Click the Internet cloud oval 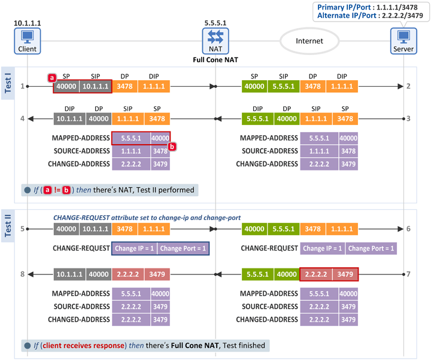[x=309, y=41]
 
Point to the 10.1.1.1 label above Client [x=27, y=23]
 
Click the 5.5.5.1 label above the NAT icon [x=215, y=23]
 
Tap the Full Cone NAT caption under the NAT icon [x=215, y=60]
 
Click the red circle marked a [x=51, y=77]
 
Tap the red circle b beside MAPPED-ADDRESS [x=172, y=146]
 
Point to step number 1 [x=22, y=86]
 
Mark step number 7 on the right [x=408, y=274]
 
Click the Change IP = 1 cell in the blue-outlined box [x=135, y=249]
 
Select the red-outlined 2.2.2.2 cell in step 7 [x=316, y=274]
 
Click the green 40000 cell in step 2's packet [x=255, y=86]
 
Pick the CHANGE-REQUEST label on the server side [x=269, y=248]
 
